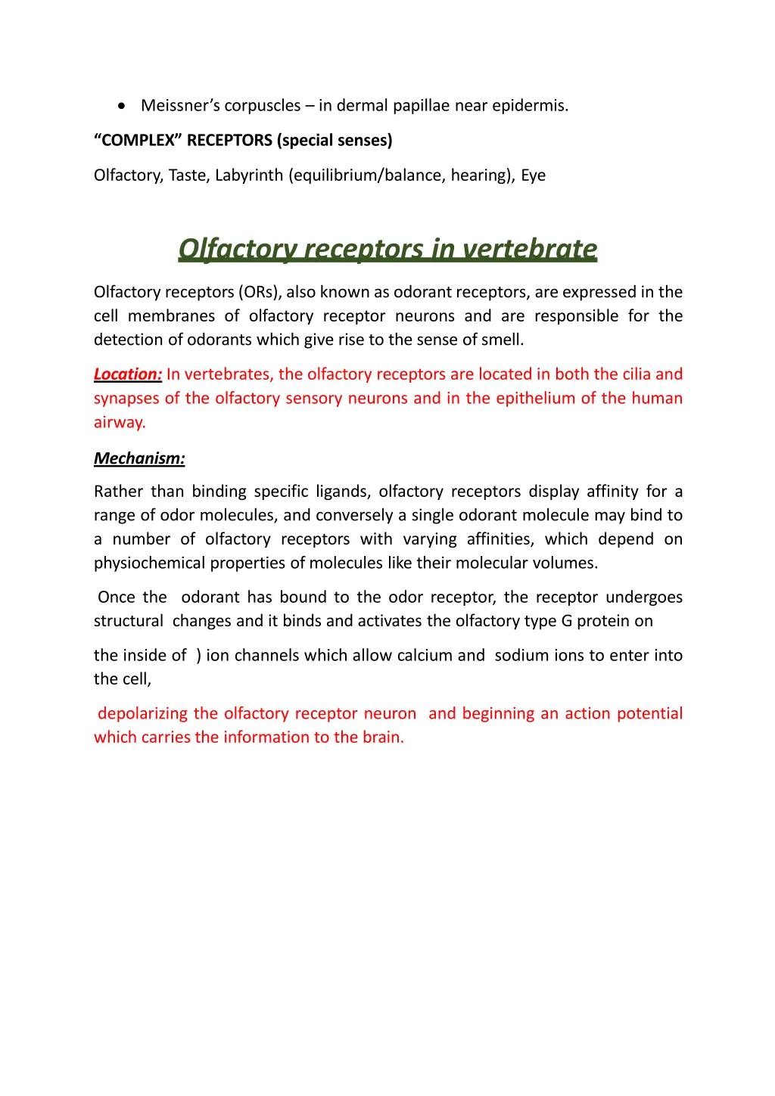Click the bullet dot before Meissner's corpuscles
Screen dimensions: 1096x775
pos(122,106)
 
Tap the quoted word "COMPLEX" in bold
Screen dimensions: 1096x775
pos(139,141)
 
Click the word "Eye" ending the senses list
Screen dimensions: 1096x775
pos(533,175)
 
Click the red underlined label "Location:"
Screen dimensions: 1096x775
pos(128,374)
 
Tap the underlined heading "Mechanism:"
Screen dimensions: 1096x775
pos(139,458)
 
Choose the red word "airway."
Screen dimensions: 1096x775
pos(120,422)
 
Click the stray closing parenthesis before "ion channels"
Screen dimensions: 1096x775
pos(198,655)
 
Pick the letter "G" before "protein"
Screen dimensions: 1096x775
pos(566,621)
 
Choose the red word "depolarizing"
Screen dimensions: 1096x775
pos(143,713)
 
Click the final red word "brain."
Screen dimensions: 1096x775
pos(383,737)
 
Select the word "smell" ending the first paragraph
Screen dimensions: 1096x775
pos(501,340)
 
